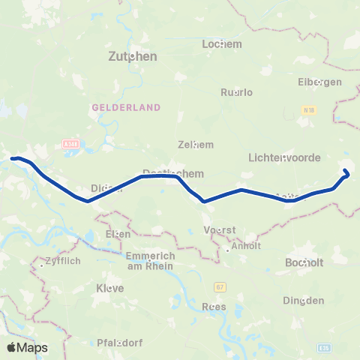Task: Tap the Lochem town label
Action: pos(223,44)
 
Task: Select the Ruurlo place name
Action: pos(237,92)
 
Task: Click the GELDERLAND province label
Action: pos(127,107)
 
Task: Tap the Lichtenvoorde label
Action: pos(284,158)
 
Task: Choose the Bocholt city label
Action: pos(304,263)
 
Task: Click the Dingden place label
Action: pos(303,301)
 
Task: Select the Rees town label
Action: pos(214,306)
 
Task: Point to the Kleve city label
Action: pos(110,288)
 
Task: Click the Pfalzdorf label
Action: pos(121,343)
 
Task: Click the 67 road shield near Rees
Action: pos(220,287)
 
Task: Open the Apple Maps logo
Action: pos(27,347)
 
